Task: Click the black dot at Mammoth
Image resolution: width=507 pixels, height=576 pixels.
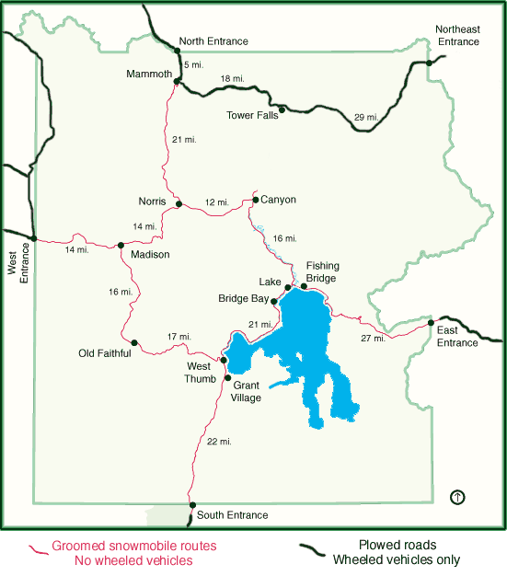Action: [176, 81]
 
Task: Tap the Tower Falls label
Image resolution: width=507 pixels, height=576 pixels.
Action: [252, 116]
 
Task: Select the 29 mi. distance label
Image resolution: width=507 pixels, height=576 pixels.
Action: [366, 117]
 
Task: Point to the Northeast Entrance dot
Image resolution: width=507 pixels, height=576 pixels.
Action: [429, 63]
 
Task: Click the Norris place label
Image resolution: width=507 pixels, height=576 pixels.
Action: [152, 201]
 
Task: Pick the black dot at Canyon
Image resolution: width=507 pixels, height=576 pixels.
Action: [255, 198]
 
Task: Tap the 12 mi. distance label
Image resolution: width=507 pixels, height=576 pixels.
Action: [216, 202]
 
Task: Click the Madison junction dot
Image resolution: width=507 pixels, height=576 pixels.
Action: [121, 245]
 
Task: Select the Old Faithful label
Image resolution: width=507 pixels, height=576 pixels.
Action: [106, 353]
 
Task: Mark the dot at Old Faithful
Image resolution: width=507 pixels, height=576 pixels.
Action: [134, 342]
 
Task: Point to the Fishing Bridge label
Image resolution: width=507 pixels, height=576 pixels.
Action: [322, 271]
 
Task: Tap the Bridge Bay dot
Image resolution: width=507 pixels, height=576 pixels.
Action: [274, 300]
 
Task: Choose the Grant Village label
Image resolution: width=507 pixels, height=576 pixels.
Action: [247, 391]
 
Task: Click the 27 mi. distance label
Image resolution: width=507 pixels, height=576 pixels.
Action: [374, 339]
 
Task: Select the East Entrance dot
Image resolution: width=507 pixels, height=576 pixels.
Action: [431, 322]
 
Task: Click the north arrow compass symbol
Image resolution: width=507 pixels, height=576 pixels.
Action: [457, 497]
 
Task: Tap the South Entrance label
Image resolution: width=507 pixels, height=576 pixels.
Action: [233, 515]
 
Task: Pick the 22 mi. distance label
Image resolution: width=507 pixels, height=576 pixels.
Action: [219, 442]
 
